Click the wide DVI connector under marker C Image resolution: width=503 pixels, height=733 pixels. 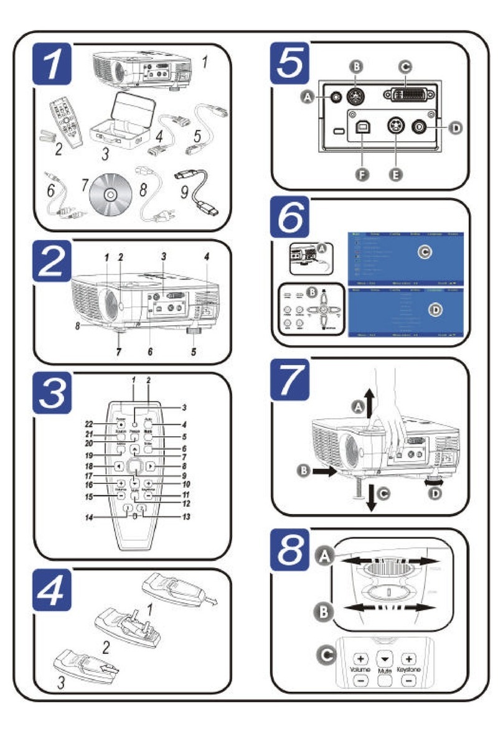coord(405,95)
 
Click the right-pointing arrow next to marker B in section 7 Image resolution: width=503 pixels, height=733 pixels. coord(326,472)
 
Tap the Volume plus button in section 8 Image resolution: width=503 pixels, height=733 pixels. coord(360,658)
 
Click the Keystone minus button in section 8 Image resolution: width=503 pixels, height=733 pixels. coord(408,681)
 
